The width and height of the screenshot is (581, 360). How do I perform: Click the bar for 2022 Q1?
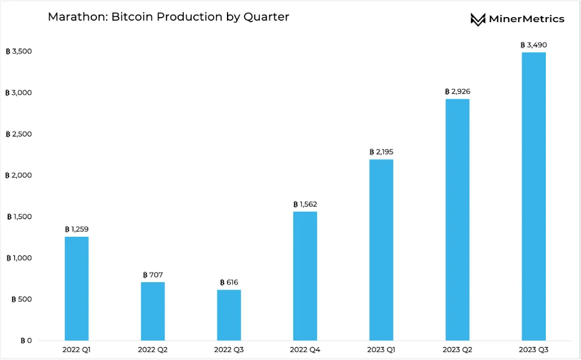(77, 288)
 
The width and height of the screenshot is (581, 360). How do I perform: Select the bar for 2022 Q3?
(229, 315)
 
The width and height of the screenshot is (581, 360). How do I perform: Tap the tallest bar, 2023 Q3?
(533, 196)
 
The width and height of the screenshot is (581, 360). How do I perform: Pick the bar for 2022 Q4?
(305, 276)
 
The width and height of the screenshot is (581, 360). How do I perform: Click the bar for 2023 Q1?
(381, 250)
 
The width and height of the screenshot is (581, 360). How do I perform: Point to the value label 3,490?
(533, 45)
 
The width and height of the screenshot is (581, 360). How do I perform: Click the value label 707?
(153, 275)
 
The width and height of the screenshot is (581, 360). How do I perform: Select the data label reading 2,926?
(457, 91)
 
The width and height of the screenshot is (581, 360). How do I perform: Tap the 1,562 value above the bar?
(305, 204)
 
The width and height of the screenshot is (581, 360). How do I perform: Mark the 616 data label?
(229, 282)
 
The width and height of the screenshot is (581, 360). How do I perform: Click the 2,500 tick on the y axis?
(19, 134)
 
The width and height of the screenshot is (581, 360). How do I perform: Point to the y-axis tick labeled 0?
(26, 341)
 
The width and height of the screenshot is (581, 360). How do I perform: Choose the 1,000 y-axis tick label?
(19, 258)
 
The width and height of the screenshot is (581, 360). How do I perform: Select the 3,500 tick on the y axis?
(19, 51)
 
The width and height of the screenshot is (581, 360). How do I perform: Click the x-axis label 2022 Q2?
(153, 350)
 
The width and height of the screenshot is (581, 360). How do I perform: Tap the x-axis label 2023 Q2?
(457, 350)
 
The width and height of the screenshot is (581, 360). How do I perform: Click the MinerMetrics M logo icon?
(478, 19)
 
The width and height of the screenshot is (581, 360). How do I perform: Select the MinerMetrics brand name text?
(527, 19)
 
